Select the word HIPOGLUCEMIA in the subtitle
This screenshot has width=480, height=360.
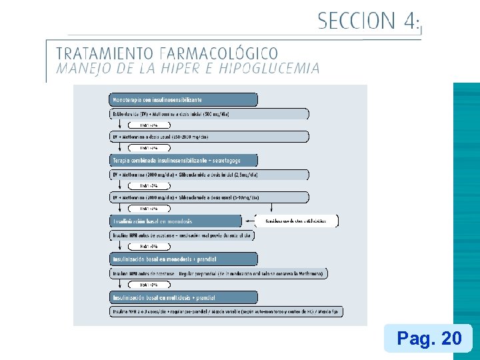click(x=269, y=68)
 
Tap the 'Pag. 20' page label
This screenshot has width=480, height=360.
click(x=429, y=339)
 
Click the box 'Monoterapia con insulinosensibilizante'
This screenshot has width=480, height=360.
click(x=183, y=99)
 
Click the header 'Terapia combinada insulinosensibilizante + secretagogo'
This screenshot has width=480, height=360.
click(x=183, y=160)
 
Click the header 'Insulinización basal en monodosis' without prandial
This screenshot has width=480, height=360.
click(x=175, y=221)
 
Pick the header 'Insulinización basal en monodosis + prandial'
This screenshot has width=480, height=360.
click(x=183, y=259)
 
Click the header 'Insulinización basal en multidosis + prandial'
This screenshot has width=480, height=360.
click(x=183, y=297)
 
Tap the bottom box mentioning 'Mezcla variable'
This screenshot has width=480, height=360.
click(x=227, y=312)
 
